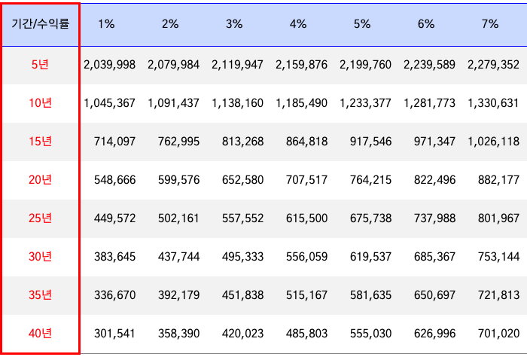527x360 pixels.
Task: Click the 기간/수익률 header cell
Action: [41, 24]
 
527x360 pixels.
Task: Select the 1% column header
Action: [106, 24]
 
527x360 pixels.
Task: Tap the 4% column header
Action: [298, 24]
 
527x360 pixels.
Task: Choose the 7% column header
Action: [490, 24]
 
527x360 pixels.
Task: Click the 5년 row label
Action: [41, 65]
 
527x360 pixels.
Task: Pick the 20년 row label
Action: [41, 179]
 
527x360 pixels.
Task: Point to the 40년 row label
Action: [41, 333]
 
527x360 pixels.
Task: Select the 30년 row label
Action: [41, 256]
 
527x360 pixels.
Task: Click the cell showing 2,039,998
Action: [110, 65]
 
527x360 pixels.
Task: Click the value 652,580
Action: [243, 180]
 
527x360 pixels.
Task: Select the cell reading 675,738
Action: [370, 218]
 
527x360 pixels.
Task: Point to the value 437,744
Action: [179, 257]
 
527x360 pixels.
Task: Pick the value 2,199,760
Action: [365, 65]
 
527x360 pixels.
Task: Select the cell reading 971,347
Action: [434, 142]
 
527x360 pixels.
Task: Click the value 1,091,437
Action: [174, 103]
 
